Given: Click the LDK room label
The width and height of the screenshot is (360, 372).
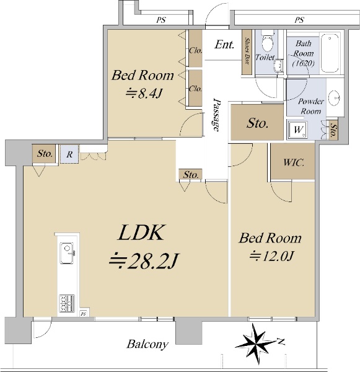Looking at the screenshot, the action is (x=141, y=232).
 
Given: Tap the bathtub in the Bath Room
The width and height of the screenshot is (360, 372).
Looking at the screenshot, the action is (x=330, y=53).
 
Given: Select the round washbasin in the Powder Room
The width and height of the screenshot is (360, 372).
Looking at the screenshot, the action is (x=335, y=97).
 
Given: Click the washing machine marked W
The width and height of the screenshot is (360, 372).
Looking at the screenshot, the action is (x=297, y=130).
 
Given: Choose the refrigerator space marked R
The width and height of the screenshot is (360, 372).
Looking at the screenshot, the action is (x=69, y=154).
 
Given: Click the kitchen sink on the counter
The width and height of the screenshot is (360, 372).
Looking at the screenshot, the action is (x=67, y=253).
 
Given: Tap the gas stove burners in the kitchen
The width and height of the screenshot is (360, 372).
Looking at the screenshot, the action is (x=67, y=303).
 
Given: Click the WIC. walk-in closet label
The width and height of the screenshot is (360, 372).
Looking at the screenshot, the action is (x=294, y=162).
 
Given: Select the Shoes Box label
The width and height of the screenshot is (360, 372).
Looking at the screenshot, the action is (x=247, y=51).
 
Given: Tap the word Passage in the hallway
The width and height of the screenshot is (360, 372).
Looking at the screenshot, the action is (x=216, y=115).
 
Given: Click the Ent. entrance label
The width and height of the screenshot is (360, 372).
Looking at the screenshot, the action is (x=224, y=45).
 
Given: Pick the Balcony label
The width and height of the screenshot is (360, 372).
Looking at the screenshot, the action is (x=147, y=344).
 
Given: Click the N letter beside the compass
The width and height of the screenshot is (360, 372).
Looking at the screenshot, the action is (x=281, y=342).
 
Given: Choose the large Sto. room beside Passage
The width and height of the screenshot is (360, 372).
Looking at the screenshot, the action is (x=257, y=122).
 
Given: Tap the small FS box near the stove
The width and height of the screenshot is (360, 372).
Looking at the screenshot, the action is (x=83, y=314).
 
